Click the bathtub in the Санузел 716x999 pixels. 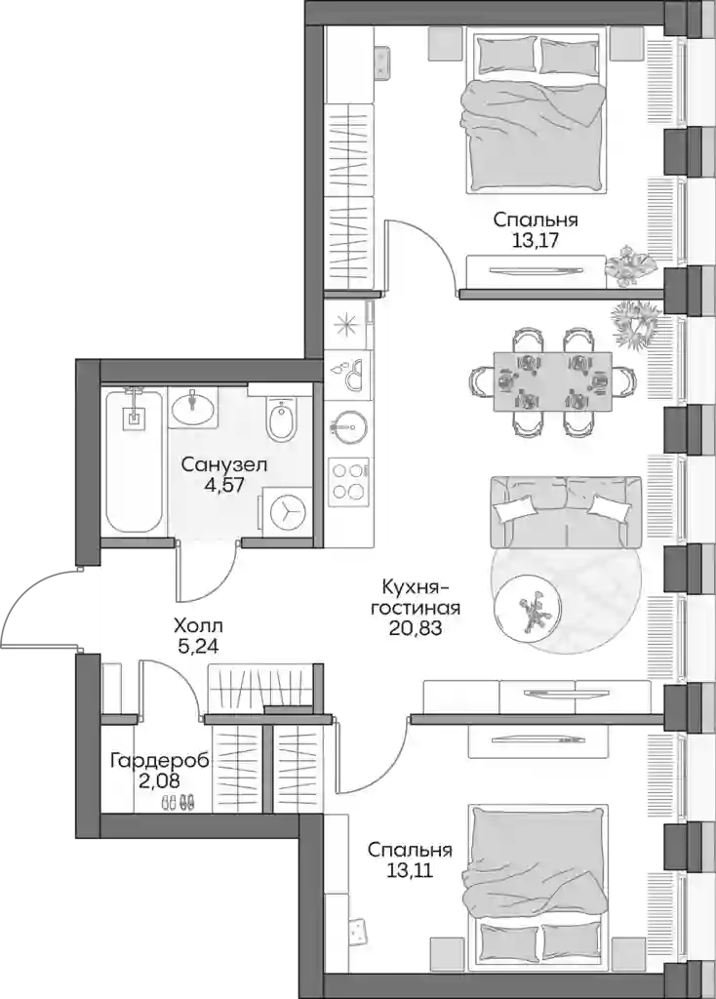tap(133, 461)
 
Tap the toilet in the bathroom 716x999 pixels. tap(281, 419)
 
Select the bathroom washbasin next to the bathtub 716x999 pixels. tap(194, 407)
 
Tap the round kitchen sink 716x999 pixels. tap(348, 427)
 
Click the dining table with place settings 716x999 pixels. tap(553, 382)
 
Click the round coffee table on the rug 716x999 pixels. tap(530, 608)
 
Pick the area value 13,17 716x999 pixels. tap(536, 241)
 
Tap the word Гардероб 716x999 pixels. tap(159, 761)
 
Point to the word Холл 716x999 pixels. tap(198, 627)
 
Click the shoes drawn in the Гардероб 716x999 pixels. tap(178, 803)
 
